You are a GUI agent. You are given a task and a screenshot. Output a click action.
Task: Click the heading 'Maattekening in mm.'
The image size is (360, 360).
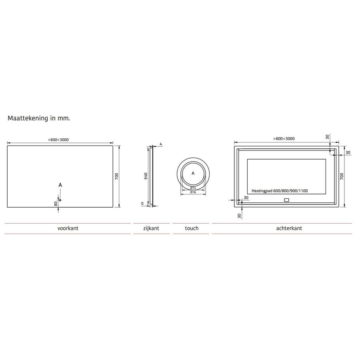[39, 119]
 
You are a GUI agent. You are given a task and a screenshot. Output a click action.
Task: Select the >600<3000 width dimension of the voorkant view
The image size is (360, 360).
[60, 140]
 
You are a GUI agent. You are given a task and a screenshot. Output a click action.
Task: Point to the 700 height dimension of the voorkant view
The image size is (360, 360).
[116, 176]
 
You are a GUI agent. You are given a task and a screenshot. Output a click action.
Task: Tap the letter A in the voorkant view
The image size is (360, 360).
[60, 185]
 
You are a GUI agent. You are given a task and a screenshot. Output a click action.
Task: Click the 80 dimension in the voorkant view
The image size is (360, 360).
[56, 203]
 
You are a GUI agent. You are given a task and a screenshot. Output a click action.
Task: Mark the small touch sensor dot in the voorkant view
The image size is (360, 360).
[60, 200]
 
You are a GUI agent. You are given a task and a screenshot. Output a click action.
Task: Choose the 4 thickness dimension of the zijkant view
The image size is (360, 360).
[160, 144]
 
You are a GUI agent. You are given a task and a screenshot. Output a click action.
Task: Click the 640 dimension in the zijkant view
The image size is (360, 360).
[146, 176]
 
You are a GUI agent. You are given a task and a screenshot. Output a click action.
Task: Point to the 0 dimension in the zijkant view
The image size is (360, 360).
[142, 204]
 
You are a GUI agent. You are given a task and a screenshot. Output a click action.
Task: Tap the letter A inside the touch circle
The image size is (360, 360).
[193, 173]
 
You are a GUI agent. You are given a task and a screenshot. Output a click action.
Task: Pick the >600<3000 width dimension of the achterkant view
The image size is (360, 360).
[284, 138]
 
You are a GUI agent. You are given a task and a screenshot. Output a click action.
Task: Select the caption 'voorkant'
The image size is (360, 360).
[68, 228]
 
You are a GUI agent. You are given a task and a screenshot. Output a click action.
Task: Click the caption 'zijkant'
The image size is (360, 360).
[151, 228]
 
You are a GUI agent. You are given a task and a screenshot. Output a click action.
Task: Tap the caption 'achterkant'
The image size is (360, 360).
[288, 228]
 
